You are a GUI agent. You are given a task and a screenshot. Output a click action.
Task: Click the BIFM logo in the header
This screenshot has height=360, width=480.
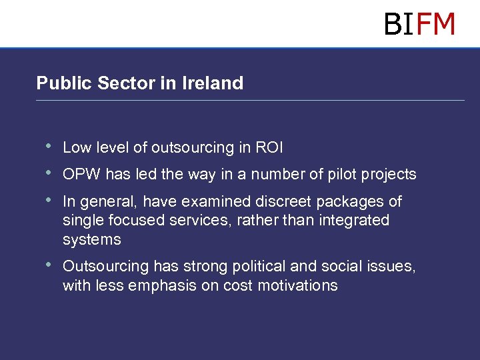(x=419, y=24)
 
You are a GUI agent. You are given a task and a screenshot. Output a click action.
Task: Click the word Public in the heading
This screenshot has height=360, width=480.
(x=64, y=83)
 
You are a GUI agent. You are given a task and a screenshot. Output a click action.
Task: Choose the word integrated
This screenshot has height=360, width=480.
(x=352, y=220)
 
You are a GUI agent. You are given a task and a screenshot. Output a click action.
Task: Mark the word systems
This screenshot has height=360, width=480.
(x=92, y=239)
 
